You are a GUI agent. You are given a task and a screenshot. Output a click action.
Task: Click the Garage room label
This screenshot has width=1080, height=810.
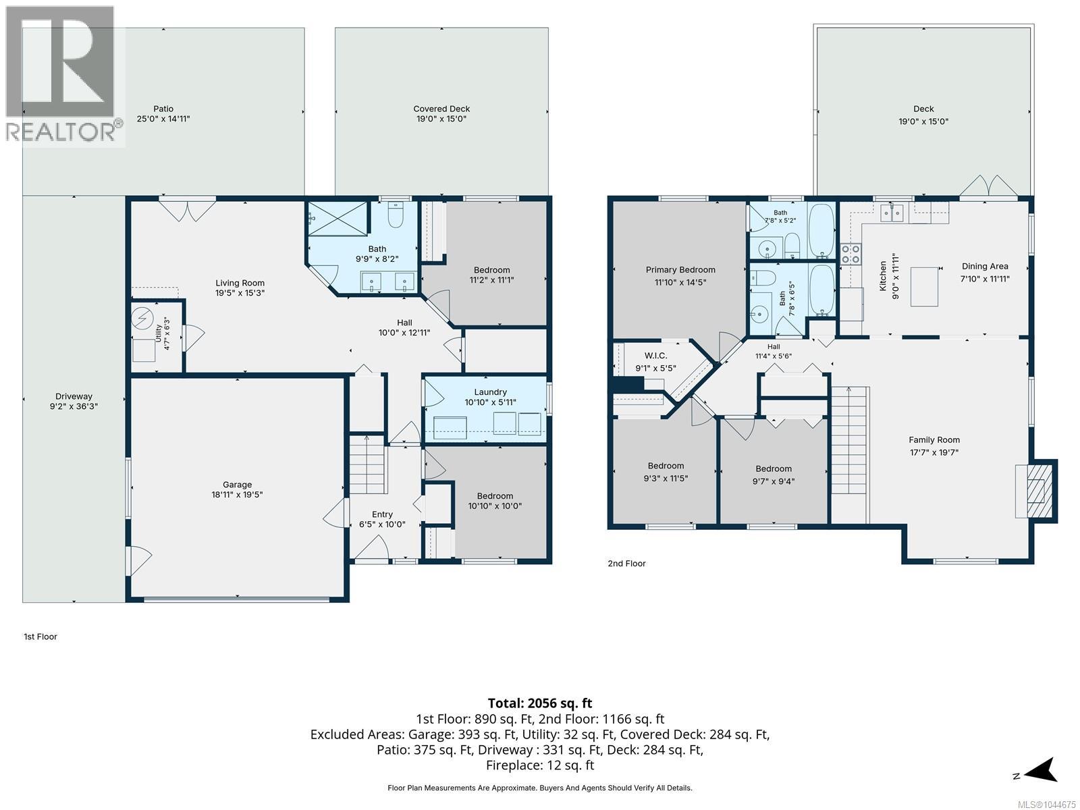[237, 485]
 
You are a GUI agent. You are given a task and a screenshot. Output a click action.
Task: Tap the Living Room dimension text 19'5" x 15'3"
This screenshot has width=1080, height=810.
[240, 293]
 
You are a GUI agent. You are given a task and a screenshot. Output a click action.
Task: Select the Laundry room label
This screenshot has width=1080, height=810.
[490, 392]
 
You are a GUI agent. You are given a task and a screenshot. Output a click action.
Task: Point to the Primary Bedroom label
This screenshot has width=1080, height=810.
[680, 269]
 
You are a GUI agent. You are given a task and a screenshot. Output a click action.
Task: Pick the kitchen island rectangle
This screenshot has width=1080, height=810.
[924, 287]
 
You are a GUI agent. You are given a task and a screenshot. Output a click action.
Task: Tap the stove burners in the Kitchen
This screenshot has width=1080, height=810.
[850, 254]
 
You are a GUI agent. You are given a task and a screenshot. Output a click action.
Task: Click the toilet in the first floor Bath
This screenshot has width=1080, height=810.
[396, 214]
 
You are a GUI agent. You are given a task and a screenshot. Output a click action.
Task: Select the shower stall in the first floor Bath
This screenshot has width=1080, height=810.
[337, 218]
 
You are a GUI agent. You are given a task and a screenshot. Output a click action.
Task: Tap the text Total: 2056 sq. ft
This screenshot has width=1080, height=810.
[540, 703]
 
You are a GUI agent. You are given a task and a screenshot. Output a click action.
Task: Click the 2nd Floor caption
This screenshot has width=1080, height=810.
[626, 564]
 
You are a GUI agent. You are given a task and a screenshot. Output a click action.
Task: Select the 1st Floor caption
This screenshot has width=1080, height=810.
[40, 637]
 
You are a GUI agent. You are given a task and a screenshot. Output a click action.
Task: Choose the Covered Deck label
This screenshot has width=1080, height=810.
[441, 109]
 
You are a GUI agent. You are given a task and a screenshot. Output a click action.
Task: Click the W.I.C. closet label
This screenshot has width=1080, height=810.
[655, 356]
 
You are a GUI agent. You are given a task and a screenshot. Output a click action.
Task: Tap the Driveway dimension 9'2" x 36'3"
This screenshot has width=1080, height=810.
[74, 406]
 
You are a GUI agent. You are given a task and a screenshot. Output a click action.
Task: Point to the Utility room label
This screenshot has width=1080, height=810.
[159, 333]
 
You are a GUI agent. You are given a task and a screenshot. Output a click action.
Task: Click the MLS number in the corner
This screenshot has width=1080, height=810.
[1046, 805]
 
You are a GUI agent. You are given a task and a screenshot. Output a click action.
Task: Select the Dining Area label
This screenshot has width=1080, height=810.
[985, 266]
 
